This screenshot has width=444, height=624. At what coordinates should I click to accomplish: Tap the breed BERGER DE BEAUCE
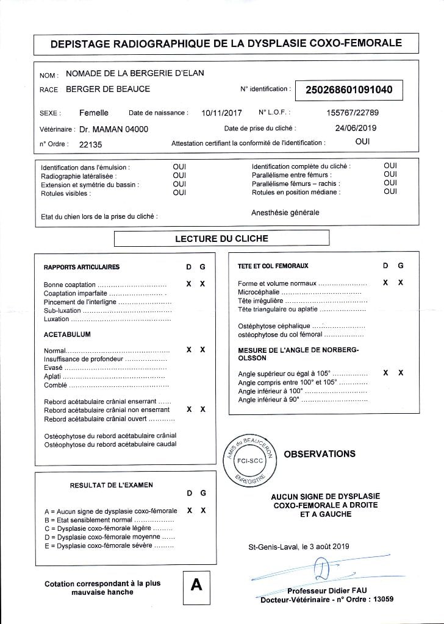pyautogui.click(x=107, y=89)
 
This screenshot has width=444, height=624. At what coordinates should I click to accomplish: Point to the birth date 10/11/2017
pyautogui.click(x=221, y=113)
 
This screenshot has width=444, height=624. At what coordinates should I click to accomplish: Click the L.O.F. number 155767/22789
pyautogui.click(x=353, y=113)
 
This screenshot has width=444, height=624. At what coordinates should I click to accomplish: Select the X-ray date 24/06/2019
pyautogui.click(x=356, y=128)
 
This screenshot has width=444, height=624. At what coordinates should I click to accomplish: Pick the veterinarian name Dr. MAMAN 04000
pyautogui.click(x=113, y=129)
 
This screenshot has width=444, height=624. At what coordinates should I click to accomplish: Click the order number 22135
pyautogui.click(x=91, y=144)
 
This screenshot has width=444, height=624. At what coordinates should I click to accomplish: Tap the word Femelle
pyautogui.click(x=94, y=113)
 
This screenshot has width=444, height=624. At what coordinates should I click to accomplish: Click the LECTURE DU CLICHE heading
pyautogui.click(x=221, y=238)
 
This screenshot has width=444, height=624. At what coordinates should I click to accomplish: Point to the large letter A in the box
pyautogui.click(x=196, y=585)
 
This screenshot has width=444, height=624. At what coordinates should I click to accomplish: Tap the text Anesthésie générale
pyautogui.click(x=285, y=213)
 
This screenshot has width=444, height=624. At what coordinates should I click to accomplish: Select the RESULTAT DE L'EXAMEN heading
pyautogui.click(x=112, y=485)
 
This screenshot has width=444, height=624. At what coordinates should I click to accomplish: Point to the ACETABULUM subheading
pyautogui.click(x=67, y=335)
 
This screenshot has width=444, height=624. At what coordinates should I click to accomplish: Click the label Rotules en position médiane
pyautogui.click(x=296, y=193)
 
